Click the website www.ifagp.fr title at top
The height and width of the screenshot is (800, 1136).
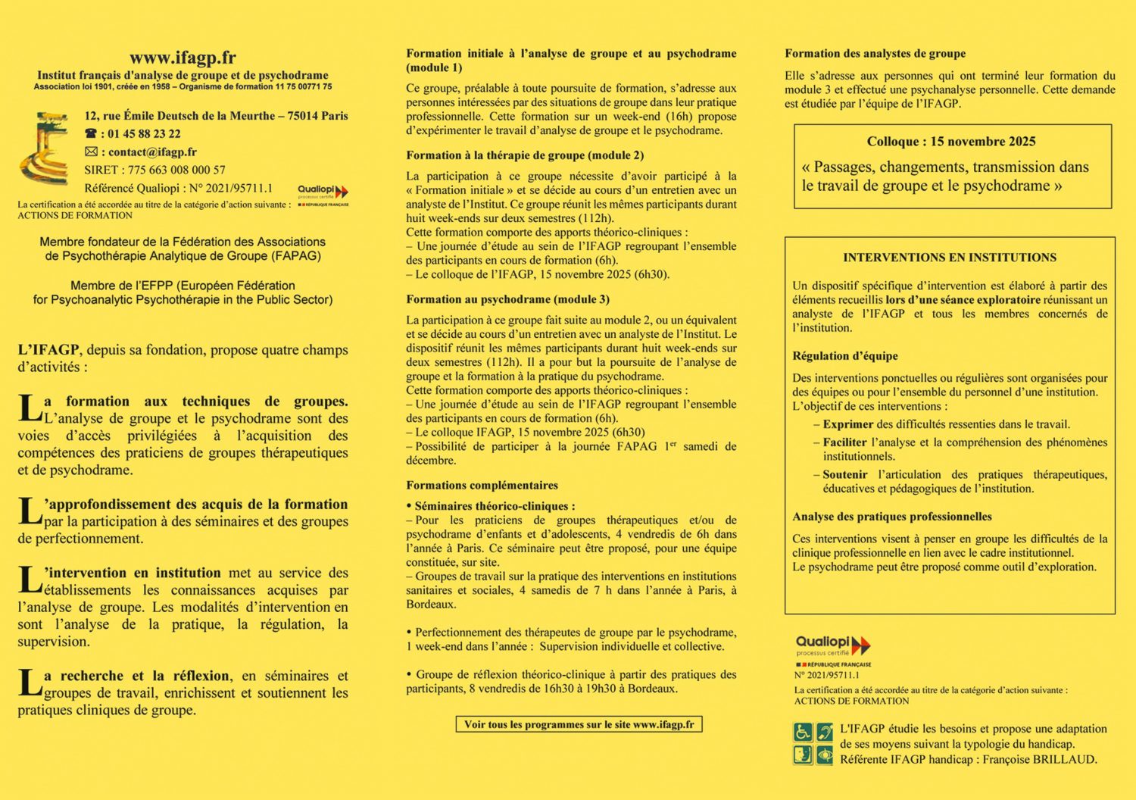coord(183,58)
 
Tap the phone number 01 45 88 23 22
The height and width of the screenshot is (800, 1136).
coord(144,134)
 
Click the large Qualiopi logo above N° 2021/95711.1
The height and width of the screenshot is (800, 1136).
coord(832,646)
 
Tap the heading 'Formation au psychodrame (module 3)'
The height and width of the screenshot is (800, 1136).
coord(507,299)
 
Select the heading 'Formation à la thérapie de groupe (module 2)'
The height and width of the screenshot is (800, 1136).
coord(525,155)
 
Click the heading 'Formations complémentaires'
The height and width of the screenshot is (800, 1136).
coord(482,486)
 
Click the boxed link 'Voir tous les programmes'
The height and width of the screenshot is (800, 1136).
coord(579,725)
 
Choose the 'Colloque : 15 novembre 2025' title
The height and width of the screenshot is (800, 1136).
coord(951,142)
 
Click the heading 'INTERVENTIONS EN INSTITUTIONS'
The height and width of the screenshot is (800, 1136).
coord(950,258)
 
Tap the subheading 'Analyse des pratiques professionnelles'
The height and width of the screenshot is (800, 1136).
coord(892,517)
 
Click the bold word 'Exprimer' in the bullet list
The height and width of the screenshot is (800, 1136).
coord(848,424)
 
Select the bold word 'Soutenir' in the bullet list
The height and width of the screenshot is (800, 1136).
coord(845,475)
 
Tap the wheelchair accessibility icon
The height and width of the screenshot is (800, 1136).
coord(803,732)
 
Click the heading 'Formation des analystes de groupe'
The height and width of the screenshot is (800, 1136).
coord(875,54)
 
